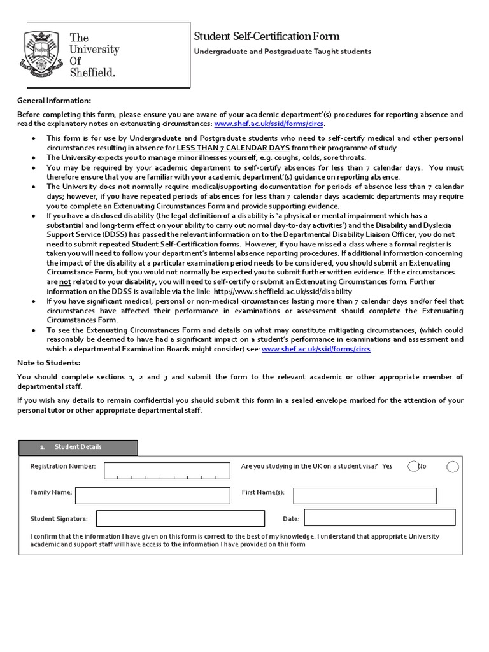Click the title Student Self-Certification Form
tap(266, 36)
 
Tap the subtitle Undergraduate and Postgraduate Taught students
tap(282, 52)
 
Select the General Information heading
tap(54, 101)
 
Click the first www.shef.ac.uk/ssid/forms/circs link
tap(269, 124)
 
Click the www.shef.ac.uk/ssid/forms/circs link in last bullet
tap(316, 349)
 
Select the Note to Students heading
tap(48, 363)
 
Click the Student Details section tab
tap(78, 447)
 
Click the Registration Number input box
tap(167, 471)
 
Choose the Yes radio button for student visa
tap(413, 467)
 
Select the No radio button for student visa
tap(452, 467)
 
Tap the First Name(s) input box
tap(365, 496)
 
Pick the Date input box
tap(379, 518)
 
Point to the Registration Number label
tap(63, 467)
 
